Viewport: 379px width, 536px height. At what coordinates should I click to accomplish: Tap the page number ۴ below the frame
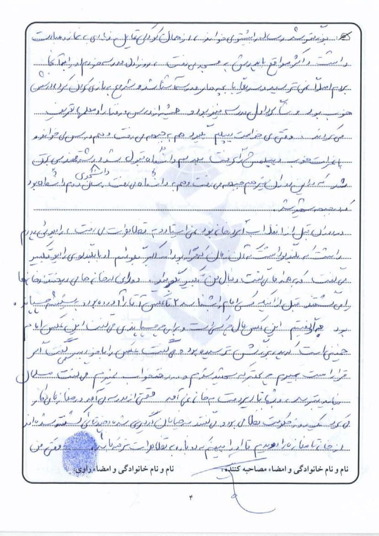click(x=190, y=498)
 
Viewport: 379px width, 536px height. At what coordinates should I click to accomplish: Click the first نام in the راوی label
click(x=174, y=470)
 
